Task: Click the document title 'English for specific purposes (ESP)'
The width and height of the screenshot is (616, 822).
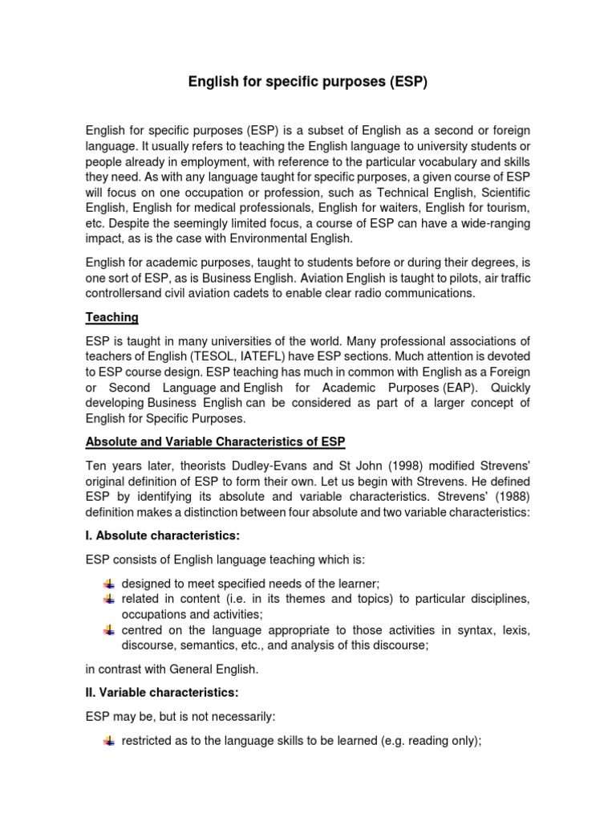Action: [308, 82]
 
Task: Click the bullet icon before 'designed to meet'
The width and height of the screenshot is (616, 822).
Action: [110, 584]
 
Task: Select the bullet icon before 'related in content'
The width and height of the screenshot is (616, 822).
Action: [110, 600]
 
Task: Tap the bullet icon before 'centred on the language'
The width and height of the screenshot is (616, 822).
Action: [110, 631]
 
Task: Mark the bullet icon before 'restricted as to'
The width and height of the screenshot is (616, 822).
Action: [110, 741]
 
